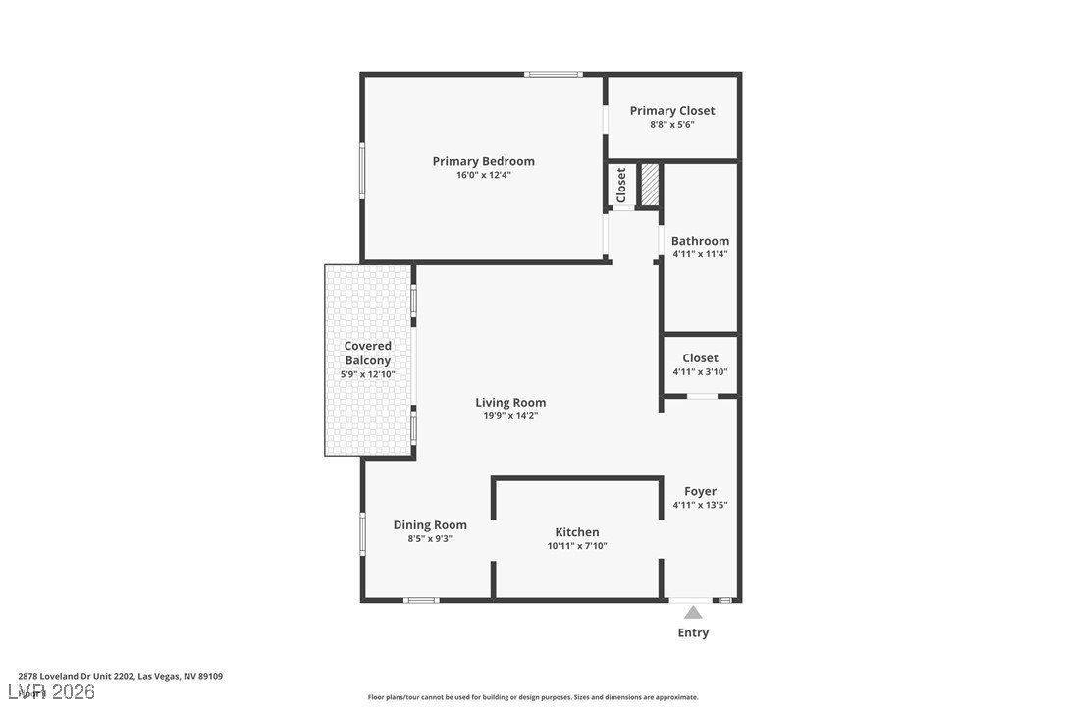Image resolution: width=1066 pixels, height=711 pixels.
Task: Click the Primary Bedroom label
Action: click(483, 161)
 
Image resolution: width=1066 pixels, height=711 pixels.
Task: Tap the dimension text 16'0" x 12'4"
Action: click(483, 176)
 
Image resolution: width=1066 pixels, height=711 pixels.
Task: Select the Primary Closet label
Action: click(672, 111)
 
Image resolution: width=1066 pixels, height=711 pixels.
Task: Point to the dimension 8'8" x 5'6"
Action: click(672, 125)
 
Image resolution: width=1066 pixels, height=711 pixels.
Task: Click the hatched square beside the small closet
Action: click(649, 185)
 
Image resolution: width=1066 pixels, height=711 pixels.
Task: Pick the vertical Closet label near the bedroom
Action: click(621, 185)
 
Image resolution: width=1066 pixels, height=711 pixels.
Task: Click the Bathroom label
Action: click(700, 241)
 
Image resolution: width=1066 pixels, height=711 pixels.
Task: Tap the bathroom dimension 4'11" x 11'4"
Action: click(700, 254)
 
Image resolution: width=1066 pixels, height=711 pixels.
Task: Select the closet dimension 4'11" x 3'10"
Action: click(700, 372)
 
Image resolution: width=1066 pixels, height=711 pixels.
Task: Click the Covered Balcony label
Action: click(368, 353)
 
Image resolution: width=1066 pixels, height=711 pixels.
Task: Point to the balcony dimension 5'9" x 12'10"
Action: click(368, 374)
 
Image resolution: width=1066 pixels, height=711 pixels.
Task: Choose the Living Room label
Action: click(510, 402)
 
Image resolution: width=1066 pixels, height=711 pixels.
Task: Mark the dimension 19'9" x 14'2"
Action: click(510, 416)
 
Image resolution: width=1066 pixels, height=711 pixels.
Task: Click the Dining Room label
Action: click(430, 525)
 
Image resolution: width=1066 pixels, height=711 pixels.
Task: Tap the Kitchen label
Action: click(576, 532)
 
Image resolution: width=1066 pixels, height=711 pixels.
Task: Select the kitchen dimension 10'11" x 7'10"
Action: click(576, 546)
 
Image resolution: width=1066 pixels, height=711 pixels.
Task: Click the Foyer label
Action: click(700, 491)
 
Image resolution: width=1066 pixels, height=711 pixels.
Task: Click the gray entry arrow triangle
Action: click(693, 613)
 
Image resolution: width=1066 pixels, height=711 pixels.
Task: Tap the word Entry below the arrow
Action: click(693, 633)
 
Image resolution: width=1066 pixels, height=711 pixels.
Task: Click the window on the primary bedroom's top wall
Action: click(553, 74)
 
